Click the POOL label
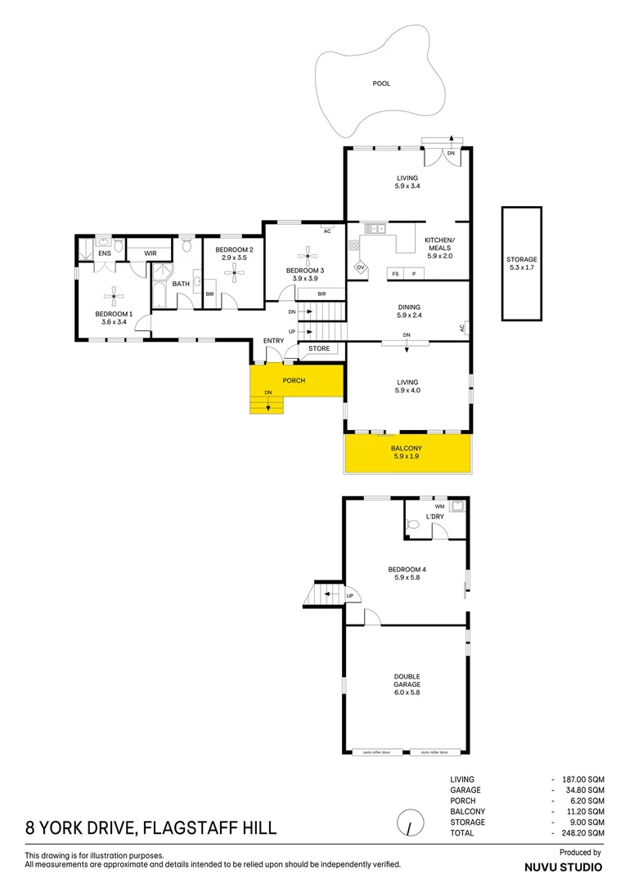click(381, 83)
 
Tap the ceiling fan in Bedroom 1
click(114, 298)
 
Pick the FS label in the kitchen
click(396, 273)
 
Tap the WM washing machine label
click(439, 507)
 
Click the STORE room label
click(319, 349)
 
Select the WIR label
click(151, 253)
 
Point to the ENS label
click(105, 253)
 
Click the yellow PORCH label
click(294, 381)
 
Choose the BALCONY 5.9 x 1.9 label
click(407, 453)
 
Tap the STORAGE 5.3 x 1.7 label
click(521, 263)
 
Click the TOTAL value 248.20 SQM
click(584, 832)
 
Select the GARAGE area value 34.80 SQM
click(584, 791)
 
